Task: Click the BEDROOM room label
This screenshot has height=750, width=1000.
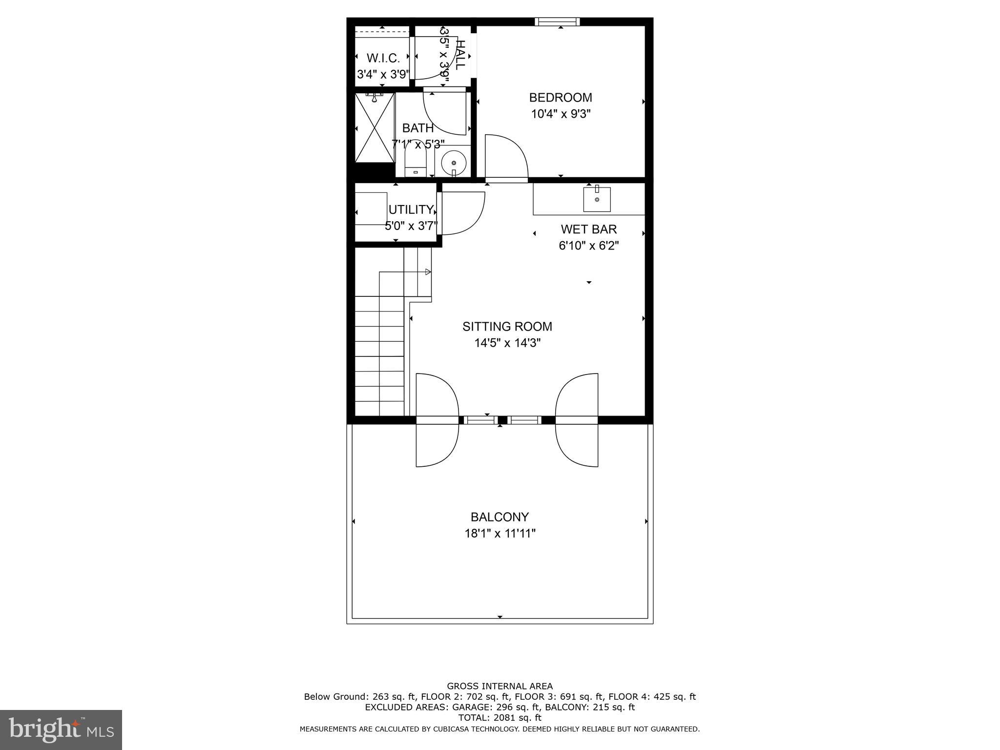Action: click(561, 98)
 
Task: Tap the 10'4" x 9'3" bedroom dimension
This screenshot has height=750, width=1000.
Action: click(561, 114)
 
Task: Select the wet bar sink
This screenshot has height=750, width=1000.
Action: click(597, 199)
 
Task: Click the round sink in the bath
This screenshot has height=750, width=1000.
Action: click(454, 163)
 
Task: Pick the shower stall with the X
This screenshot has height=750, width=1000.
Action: click(375, 127)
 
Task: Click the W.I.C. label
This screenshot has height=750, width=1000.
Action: click(383, 58)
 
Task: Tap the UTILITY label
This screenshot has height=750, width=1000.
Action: click(411, 209)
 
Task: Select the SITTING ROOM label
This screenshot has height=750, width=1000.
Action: click(507, 326)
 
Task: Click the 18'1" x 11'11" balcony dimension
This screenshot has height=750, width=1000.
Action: click(500, 533)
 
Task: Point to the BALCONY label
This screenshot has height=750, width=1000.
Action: click(500, 517)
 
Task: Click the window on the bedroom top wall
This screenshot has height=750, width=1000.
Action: click(557, 21)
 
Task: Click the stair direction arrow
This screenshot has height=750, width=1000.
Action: click(428, 272)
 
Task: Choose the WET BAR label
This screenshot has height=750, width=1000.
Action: click(588, 229)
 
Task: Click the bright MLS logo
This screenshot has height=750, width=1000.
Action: click(61, 729)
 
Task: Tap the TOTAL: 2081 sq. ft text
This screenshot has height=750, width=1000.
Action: click(500, 718)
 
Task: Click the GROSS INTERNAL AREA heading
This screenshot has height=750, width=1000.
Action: click(500, 686)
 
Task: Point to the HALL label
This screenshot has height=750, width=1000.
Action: click(459, 55)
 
